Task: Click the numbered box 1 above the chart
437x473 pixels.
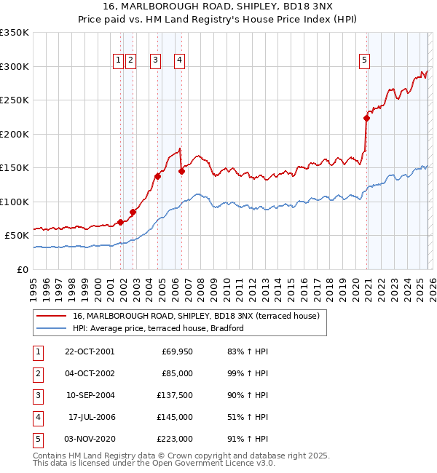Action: click(x=117, y=61)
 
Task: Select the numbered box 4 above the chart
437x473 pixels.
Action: click(x=178, y=61)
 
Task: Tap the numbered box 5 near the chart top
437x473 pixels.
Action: click(x=364, y=61)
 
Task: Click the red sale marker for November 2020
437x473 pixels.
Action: click(x=366, y=119)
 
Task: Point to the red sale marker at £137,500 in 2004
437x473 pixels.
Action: click(x=157, y=176)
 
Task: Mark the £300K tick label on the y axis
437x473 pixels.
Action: click(x=15, y=66)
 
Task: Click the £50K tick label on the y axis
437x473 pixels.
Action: click(x=17, y=236)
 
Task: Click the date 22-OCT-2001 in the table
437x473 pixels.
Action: click(x=90, y=351)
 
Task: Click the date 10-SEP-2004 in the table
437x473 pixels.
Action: click(x=90, y=395)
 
